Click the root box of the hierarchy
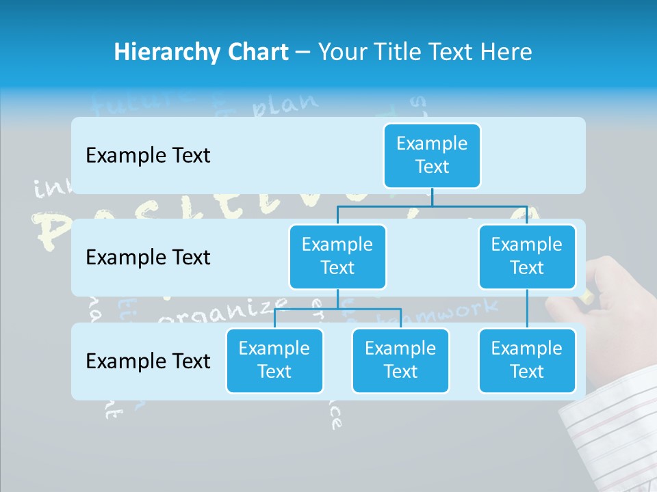pyautogui.click(x=432, y=155)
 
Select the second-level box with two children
pyautogui.click(x=337, y=256)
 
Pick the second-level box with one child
pyautogui.click(x=527, y=256)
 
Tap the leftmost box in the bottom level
pyautogui.click(x=274, y=360)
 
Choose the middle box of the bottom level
pyautogui.click(x=400, y=360)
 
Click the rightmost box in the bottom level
pyautogui.click(x=527, y=360)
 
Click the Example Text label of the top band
pyautogui.click(x=148, y=155)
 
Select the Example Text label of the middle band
pyautogui.click(x=148, y=257)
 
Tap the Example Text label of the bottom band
pyautogui.click(x=148, y=361)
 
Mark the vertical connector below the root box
pyautogui.click(x=432, y=197)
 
